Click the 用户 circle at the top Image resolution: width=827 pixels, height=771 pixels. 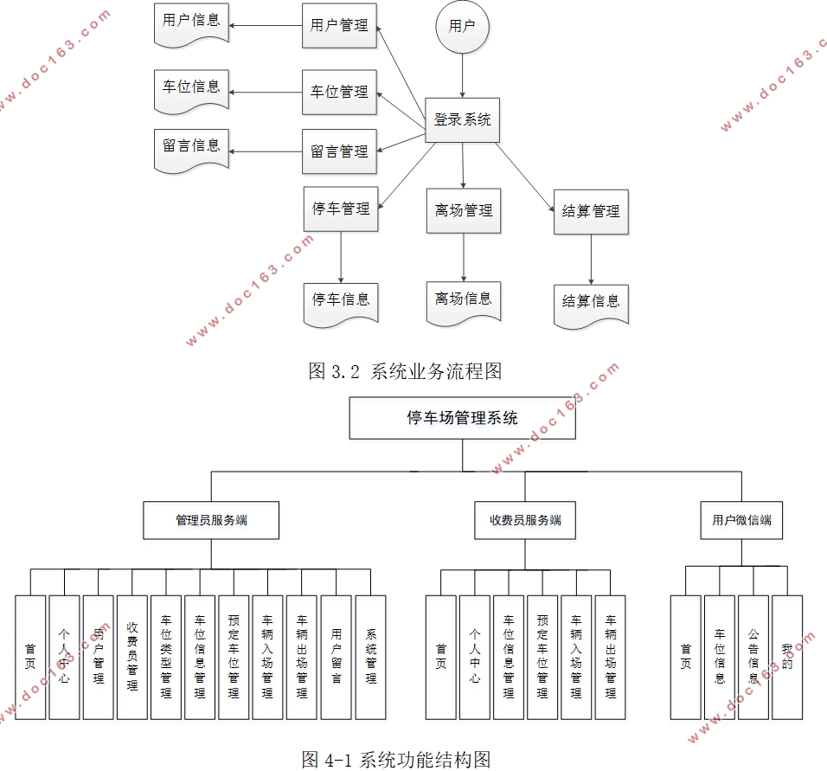462,26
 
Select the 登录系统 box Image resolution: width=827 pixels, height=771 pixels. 462,120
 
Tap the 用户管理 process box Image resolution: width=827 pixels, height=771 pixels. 339,26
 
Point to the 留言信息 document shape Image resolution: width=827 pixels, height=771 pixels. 191,147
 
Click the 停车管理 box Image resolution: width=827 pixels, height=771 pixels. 341,209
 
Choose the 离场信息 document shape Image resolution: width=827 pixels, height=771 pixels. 463,300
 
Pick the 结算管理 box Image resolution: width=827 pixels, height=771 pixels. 591,211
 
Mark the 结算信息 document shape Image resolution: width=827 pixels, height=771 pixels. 591,303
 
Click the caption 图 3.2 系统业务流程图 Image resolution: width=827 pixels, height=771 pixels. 406,372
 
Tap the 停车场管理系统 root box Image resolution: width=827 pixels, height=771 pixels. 462,418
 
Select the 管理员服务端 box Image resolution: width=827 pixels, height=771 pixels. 211,520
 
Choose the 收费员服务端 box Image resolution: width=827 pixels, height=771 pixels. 525,520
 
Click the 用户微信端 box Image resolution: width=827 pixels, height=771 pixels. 741,520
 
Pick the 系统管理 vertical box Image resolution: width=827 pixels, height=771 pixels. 370,657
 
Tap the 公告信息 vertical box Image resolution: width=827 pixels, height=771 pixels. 753,657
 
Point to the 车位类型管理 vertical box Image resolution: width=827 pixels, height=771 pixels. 165,657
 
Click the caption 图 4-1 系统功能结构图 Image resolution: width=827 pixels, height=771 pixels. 396,759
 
